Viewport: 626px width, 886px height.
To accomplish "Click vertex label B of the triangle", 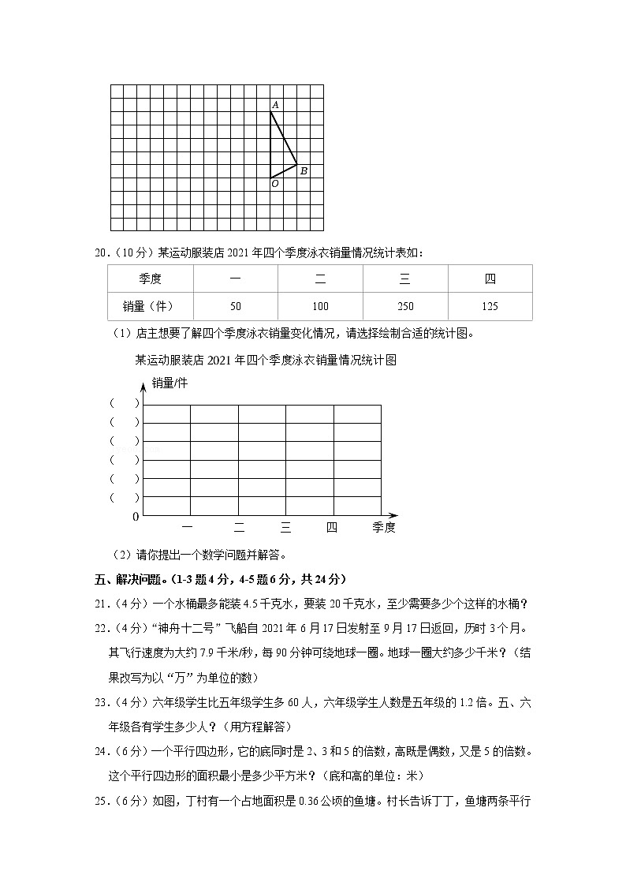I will (x=304, y=171).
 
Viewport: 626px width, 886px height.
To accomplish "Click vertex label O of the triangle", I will (x=274, y=184).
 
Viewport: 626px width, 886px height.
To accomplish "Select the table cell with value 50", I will (x=235, y=307).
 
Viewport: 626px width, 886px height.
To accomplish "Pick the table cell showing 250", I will (x=405, y=307).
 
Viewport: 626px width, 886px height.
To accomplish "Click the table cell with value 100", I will (x=320, y=307).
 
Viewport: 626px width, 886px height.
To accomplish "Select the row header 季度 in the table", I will (x=150, y=279).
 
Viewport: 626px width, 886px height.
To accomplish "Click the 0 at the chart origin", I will (x=136, y=517).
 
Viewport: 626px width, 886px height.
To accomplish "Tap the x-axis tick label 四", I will (x=332, y=528).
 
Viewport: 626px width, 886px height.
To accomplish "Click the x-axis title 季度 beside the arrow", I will (x=384, y=528).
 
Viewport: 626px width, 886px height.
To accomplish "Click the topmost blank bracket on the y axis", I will (x=125, y=402).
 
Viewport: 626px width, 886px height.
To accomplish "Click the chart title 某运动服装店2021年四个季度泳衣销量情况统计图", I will (x=265, y=360).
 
